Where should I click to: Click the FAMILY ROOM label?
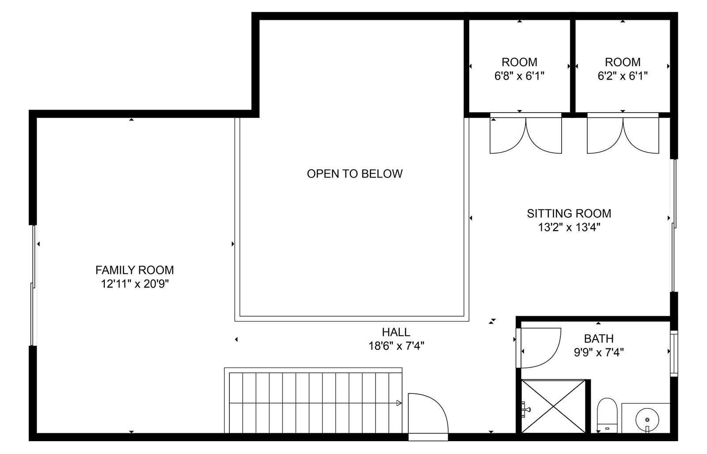[134, 270]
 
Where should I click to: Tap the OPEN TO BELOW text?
[354, 174]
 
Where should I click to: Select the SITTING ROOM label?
[569, 214]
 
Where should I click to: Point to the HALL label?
[396, 332]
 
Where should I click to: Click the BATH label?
[598, 339]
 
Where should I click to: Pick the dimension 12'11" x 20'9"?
[135, 284]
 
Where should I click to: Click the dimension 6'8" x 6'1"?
[519, 76]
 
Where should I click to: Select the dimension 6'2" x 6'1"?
[623, 76]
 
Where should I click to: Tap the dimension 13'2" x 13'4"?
[569, 227]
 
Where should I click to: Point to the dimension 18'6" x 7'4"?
[396, 346]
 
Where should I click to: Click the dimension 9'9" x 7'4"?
[598, 352]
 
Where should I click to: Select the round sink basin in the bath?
[647, 420]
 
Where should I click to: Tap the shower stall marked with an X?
[553, 406]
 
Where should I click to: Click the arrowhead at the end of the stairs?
[399, 403]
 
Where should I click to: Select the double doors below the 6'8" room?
[525, 135]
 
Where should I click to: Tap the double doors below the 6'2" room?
[623, 135]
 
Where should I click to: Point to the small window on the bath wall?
[674, 353]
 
